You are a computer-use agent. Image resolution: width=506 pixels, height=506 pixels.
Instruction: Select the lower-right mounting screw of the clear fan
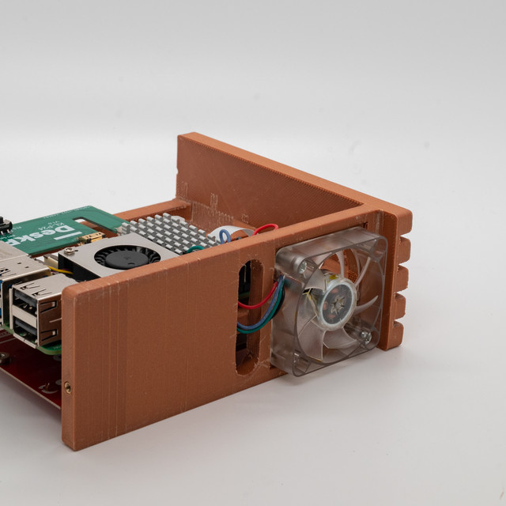[x=365, y=338]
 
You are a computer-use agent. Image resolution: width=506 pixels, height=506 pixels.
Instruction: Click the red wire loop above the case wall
[x=265, y=229]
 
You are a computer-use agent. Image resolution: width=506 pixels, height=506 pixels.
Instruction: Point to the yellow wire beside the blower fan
[x=54, y=260]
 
